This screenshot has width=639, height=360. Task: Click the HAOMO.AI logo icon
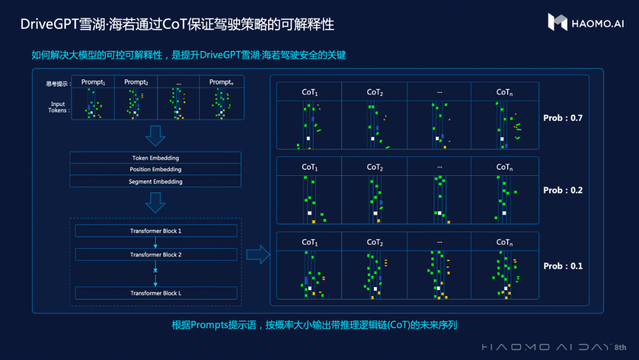point(557,22)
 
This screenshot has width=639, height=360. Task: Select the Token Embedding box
point(156,158)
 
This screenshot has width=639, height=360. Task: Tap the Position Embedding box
point(156,170)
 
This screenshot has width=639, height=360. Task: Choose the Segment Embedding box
point(156,182)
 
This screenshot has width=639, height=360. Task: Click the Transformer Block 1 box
point(156,231)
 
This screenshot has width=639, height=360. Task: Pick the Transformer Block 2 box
point(156,255)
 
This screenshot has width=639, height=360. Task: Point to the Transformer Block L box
point(156,293)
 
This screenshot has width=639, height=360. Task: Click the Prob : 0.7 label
point(563,118)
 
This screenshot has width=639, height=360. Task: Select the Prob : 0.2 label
point(563,190)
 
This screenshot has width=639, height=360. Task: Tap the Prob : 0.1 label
point(563,266)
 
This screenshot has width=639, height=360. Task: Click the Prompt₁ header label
point(93,82)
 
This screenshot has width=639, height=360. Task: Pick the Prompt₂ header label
point(136,82)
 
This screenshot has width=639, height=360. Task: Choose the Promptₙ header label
point(221,82)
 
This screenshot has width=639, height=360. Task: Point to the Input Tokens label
point(58,107)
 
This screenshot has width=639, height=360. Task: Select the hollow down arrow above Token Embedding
point(155,136)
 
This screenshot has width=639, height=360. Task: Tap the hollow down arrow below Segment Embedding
point(155,202)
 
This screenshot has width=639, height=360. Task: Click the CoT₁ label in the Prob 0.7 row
point(309,92)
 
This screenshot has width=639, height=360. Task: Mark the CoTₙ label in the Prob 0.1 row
point(504,242)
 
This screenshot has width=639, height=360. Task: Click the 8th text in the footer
point(620,347)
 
